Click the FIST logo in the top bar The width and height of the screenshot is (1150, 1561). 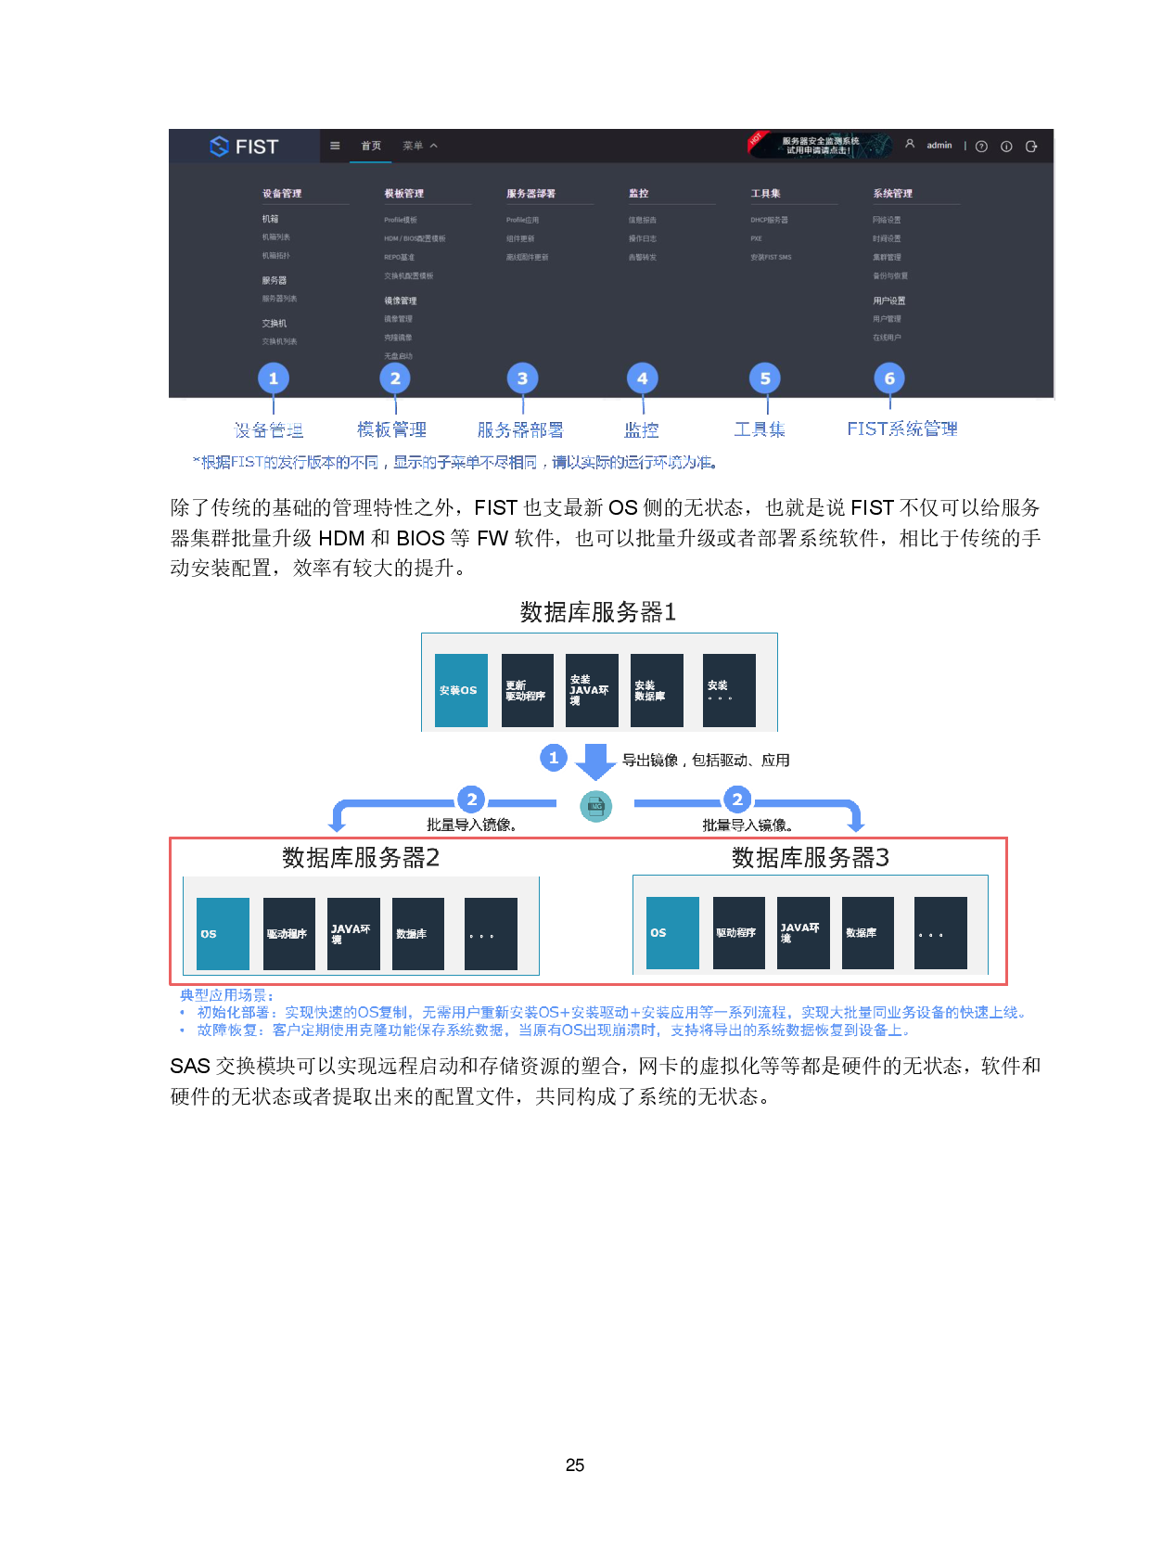[244, 147]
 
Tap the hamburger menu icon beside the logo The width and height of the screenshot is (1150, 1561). [335, 146]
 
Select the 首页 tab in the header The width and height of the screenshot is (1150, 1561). [371, 146]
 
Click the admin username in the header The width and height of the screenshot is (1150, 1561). [939, 146]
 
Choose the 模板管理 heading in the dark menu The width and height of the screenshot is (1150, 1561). [403, 194]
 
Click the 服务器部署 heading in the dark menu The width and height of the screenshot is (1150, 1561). [530, 194]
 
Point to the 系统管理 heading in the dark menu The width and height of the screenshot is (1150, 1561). [892, 194]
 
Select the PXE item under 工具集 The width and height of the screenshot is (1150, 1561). [756, 238]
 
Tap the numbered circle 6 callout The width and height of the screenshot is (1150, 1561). [889, 378]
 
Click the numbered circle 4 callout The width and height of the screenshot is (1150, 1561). [642, 378]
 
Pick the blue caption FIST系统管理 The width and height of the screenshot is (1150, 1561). [902, 429]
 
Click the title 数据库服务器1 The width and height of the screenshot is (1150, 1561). [598, 612]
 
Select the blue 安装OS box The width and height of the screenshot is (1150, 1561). [461, 690]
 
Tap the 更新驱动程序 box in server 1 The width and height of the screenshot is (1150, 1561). [527, 690]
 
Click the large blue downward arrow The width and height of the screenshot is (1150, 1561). [595, 761]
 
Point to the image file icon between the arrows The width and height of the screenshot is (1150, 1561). [596, 806]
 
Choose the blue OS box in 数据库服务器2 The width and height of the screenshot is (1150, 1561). [223, 934]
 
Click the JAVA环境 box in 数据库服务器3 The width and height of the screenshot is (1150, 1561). [803, 933]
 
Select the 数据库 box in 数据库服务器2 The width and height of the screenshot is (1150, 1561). [417, 934]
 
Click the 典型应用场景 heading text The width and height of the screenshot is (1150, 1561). [226, 995]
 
